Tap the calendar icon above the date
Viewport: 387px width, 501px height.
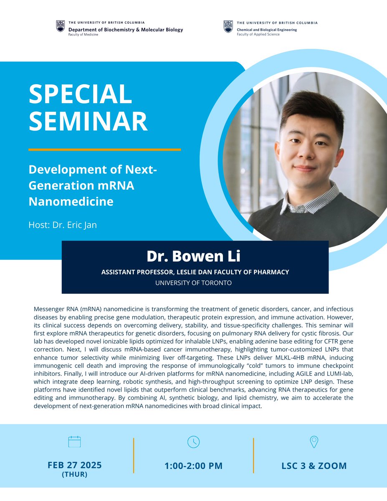pos(74,442)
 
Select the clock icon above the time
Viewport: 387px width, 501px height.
pos(193,442)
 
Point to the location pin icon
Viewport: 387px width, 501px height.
pos(314,442)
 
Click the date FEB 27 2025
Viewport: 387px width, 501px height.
pos(74,465)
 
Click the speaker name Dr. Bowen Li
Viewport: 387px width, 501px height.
pos(195,257)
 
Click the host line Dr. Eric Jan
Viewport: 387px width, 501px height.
pos(63,225)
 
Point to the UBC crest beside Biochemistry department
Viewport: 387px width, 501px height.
pos(61,26)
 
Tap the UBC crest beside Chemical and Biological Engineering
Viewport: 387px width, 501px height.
pos(228,26)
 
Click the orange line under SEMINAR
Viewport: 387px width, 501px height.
pos(104,149)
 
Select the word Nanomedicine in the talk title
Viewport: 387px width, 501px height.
pos(71,201)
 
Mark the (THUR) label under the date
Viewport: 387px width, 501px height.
pos(74,475)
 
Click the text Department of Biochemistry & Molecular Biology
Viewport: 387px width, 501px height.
pos(125,30)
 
